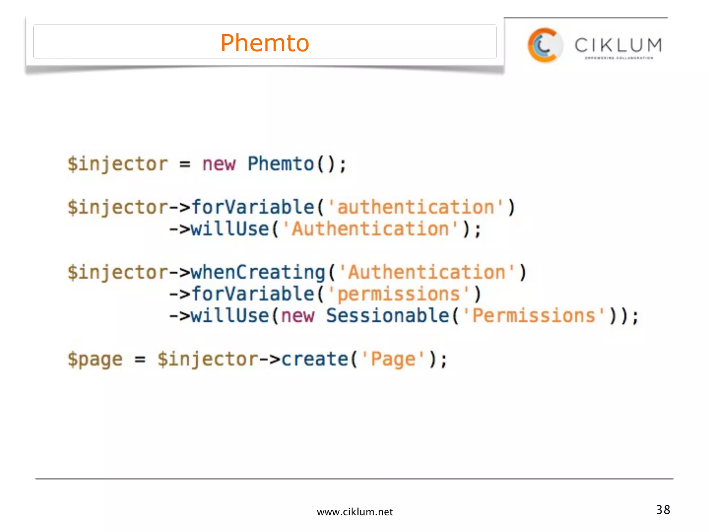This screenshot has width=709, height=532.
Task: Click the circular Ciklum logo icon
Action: (x=545, y=45)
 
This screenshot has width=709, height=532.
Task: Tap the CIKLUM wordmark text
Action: (x=618, y=45)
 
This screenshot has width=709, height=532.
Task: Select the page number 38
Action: (x=663, y=509)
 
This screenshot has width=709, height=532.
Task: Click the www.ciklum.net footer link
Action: (x=354, y=512)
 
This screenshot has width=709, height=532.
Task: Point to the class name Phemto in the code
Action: (x=281, y=164)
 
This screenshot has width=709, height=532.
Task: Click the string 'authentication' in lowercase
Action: (x=415, y=207)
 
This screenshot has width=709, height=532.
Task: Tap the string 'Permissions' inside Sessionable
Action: (x=534, y=316)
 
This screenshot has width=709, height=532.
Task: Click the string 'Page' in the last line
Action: (x=393, y=359)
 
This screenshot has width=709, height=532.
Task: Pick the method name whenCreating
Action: (x=258, y=272)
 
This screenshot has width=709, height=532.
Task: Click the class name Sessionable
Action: (x=387, y=316)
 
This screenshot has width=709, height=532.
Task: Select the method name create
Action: (x=315, y=359)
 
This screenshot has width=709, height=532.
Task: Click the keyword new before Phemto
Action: (x=219, y=164)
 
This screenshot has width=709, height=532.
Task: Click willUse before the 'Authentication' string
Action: (x=230, y=229)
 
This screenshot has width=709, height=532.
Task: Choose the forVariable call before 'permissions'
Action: (x=253, y=294)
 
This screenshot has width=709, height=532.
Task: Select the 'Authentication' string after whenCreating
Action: (x=427, y=272)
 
